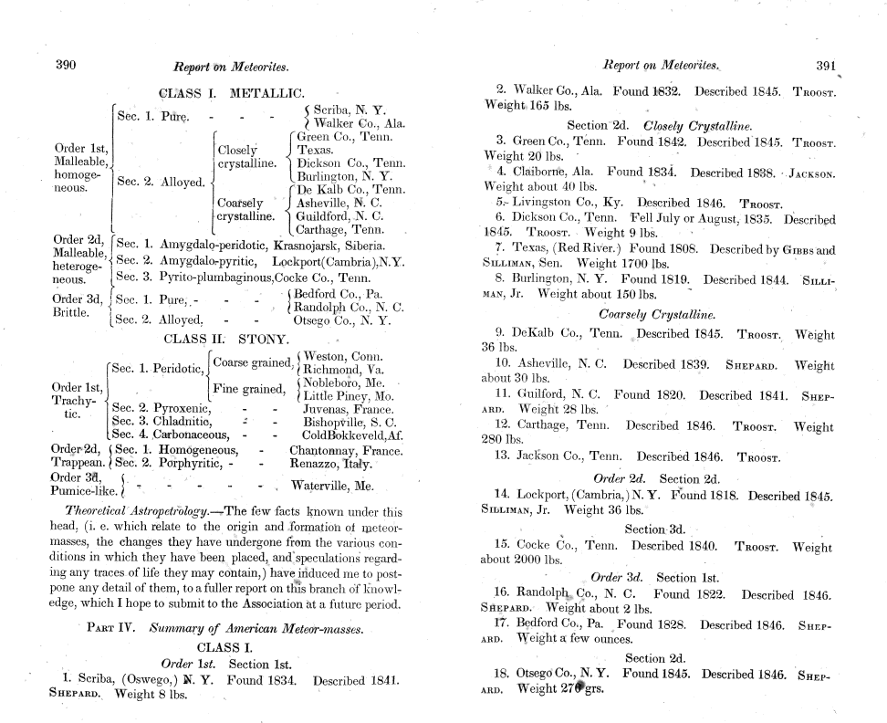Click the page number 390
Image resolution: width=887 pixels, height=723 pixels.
tap(66, 65)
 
